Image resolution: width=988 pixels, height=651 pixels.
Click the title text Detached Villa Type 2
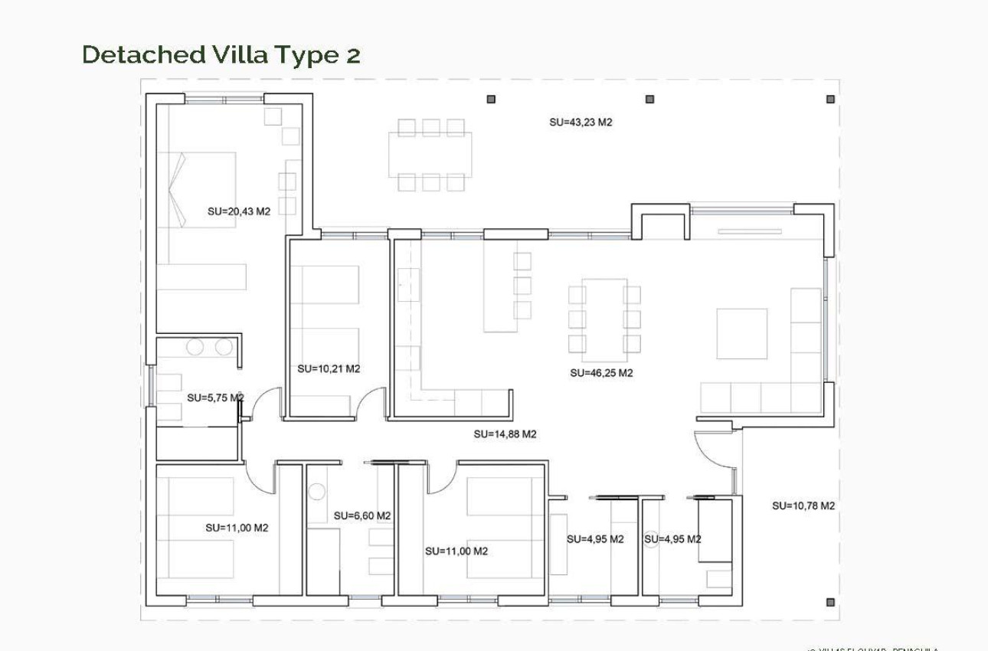[221, 55]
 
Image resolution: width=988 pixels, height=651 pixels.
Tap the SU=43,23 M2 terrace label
[581, 123]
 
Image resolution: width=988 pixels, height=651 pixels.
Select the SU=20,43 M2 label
[239, 212]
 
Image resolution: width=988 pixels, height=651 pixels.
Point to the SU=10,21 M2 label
[329, 369]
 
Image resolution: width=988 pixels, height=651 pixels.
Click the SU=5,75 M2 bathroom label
[215, 397]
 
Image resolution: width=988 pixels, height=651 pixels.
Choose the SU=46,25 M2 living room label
[601, 373]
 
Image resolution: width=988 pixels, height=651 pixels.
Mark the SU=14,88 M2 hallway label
[505, 434]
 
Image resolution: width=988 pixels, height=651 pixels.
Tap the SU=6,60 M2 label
[362, 516]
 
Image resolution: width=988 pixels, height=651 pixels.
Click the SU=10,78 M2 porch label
[803, 506]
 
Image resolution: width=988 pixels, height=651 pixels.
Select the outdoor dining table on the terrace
[430, 155]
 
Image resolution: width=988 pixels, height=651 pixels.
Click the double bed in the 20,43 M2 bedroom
[198, 189]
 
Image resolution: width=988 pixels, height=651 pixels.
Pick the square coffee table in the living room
[741, 334]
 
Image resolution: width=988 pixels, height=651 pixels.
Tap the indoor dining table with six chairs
[604, 319]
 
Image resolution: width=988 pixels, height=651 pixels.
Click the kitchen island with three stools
[499, 286]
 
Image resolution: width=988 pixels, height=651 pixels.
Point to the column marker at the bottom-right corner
[830, 602]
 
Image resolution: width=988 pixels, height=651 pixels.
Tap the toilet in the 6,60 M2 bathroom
[317, 492]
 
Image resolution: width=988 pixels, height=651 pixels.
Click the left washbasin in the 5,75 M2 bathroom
[195, 348]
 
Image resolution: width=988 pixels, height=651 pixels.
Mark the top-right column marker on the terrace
[830, 99]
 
